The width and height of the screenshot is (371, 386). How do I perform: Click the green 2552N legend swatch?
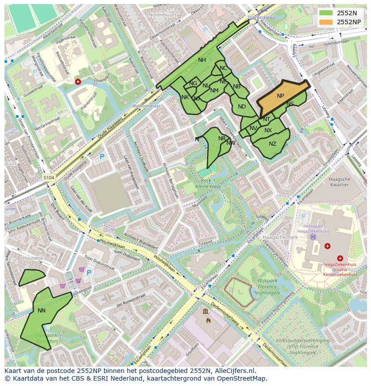click(326, 13)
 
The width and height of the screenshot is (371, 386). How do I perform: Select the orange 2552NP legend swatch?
click(326, 22)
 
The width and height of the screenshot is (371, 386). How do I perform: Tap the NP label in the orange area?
click(280, 96)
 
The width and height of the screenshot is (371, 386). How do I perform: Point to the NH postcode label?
click(202, 60)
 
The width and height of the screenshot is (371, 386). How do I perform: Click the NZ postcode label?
click(272, 144)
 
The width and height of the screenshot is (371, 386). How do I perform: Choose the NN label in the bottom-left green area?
click(42, 310)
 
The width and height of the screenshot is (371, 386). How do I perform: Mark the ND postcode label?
click(242, 107)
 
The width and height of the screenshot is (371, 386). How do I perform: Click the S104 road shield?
click(49, 178)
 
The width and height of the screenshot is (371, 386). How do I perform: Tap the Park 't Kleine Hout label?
click(206, 182)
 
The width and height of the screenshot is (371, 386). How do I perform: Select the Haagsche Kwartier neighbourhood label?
click(339, 182)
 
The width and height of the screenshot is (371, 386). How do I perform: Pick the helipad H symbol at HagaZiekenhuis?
click(313, 236)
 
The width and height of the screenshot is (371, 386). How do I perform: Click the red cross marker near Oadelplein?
click(78, 82)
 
